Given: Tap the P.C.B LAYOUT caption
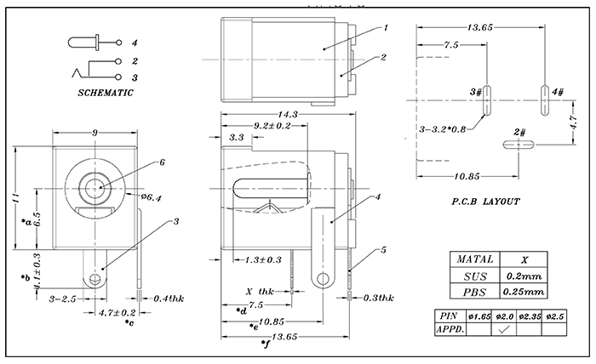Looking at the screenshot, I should [486, 202].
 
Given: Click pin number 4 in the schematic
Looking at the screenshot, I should [135, 42].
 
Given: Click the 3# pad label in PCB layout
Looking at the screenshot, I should [475, 91].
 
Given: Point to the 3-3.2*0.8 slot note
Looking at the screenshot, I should [443, 130].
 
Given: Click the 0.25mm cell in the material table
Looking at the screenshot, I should [525, 292].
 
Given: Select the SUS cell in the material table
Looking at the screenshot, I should [473, 276].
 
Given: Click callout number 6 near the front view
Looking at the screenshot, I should [161, 162].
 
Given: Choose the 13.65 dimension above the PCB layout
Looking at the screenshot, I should [484, 27].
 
